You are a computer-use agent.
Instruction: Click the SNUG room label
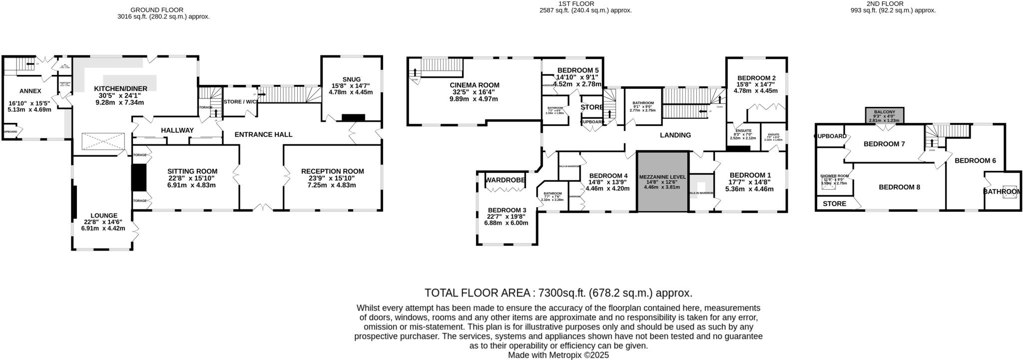(x=352, y=79)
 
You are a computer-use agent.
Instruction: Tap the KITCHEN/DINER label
(x=121, y=88)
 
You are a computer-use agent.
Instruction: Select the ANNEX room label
(x=30, y=91)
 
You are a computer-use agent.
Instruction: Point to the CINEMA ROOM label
(x=474, y=85)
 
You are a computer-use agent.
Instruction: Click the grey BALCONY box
(x=884, y=115)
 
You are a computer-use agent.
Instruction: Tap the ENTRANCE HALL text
(x=263, y=134)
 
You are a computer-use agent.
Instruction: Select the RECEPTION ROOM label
(x=332, y=171)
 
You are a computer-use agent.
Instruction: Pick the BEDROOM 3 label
(x=507, y=210)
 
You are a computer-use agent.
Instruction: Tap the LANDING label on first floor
(x=675, y=135)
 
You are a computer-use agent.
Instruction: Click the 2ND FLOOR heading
(x=884, y=3)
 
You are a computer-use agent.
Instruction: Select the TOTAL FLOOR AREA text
(x=558, y=293)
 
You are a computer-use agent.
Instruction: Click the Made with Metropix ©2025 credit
(x=558, y=355)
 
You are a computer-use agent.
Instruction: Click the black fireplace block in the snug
(x=354, y=118)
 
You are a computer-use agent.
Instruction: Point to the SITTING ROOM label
(x=192, y=171)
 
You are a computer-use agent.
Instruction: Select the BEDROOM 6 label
(x=975, y=160)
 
